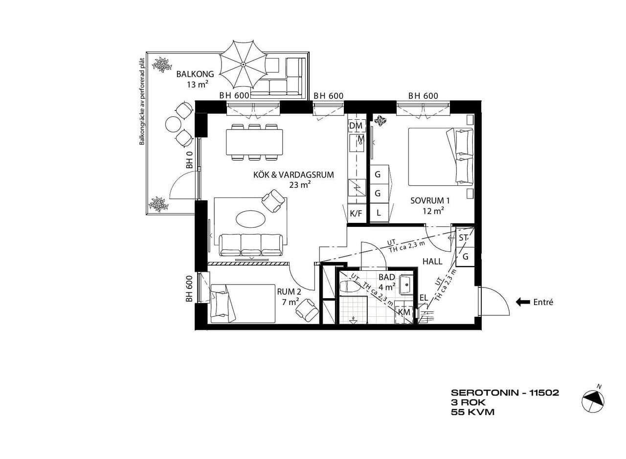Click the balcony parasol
(x=243, y=64)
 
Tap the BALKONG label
(x=195, y=74)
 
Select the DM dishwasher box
(x=356, y=126)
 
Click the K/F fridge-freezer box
(x=357, y=214)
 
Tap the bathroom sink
(x=406, y=285)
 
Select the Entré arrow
(x=523, y=302)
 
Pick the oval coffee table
(x=250, y=219)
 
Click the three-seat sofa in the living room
(x=251, y=245)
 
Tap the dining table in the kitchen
(x=254, y=142)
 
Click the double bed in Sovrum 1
(x=441, y=157)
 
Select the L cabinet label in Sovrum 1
(x=379, y=213)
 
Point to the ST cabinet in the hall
(x=465, y=238)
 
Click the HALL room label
(x=432, y=262)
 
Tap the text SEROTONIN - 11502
(x=505, y=393)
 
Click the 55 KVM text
(x=472, y=412)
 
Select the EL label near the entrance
(x=424, y=298)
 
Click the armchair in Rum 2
(x=307, y=310)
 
